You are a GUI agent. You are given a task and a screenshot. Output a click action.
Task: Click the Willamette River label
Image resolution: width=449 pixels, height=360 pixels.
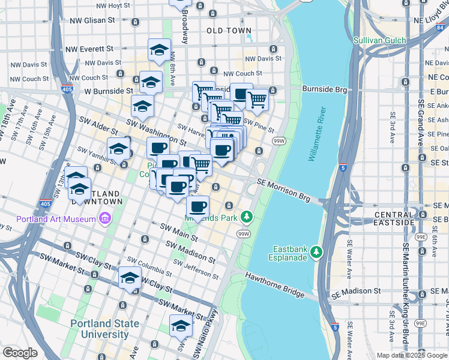coord(316,135)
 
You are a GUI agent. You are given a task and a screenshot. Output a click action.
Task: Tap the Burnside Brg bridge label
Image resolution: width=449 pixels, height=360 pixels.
coord(325,89)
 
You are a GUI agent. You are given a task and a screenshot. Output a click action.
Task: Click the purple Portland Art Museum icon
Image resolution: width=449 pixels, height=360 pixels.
coord(106,218)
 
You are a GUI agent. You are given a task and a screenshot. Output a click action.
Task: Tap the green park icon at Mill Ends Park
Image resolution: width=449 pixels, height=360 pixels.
coord(246,215)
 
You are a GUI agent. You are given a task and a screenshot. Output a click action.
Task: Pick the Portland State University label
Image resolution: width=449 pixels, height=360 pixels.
coord(104,329)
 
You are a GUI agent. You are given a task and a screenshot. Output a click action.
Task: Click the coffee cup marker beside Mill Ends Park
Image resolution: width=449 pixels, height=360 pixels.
coord(197,208)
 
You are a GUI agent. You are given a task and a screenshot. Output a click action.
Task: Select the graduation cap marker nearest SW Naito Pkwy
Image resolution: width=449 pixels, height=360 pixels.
coord(181,326)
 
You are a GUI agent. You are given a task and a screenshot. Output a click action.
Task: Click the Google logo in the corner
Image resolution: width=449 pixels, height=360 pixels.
coord(20,353)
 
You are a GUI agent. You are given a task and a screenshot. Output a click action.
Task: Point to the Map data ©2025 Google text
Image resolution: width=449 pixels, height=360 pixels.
coord(411,355)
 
